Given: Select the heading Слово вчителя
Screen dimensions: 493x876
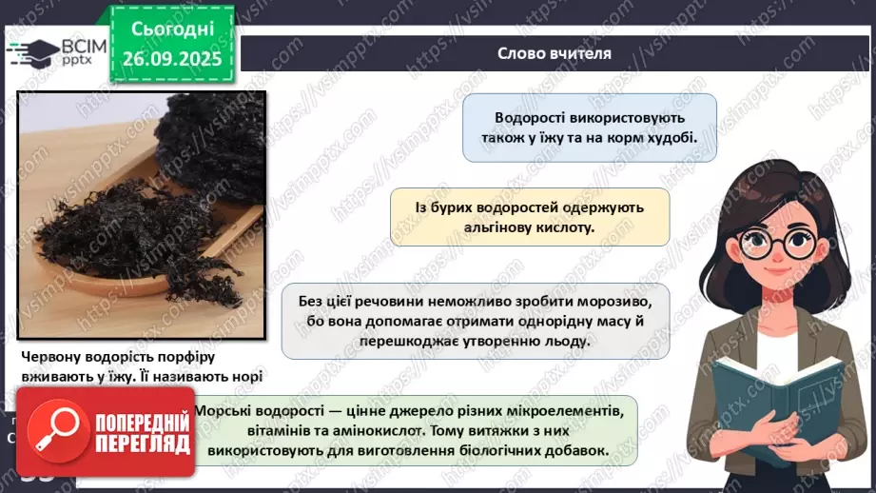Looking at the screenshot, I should [555, 52].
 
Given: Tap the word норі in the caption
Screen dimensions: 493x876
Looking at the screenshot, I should [241, 376].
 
